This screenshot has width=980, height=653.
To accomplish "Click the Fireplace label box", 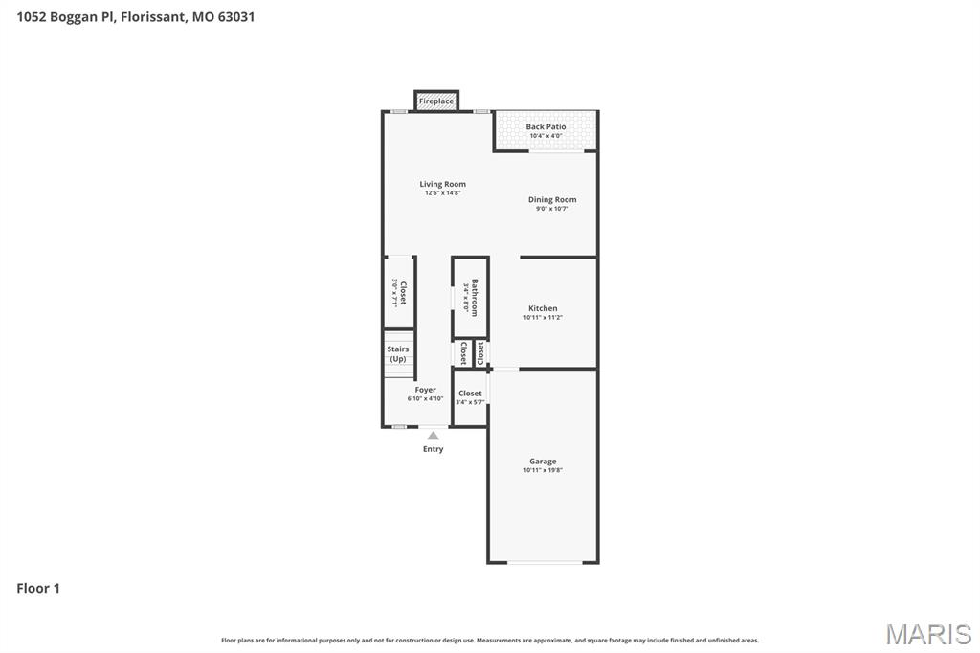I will click(x=436, y=101).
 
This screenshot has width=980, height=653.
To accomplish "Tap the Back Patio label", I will click(x=546, y=126).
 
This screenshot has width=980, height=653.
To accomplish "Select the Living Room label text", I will click(x=443, y=184).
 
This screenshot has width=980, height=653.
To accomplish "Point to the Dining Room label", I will click(x=552, y=200).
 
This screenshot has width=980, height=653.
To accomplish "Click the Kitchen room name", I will click(x=543, y=308).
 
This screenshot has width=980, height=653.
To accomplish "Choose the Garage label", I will click(x=543, y=462).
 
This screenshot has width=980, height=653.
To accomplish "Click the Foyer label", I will click(x=426, y=390).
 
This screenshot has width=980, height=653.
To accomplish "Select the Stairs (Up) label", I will click(x=398, y=354).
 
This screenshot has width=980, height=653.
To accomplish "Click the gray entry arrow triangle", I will click(x=434, y=436).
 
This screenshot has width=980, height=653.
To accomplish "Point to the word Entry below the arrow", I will click(x=434, y=449).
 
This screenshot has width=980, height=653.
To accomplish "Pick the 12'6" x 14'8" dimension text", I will click(x=443, y=193).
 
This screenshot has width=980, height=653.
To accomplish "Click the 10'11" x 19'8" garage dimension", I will click(x=543, y=470).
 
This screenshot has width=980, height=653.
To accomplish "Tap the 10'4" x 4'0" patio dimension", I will click(x=546, y=136).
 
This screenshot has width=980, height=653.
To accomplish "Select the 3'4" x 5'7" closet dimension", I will click(x=470, y=402).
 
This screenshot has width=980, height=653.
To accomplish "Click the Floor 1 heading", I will click(x=38, y=588).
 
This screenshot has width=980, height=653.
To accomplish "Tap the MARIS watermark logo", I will click(x=928, y=633).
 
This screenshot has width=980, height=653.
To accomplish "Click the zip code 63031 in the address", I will click(x=235, y=16).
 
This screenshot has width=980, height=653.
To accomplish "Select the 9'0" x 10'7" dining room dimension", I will click(x=552, y=209).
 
